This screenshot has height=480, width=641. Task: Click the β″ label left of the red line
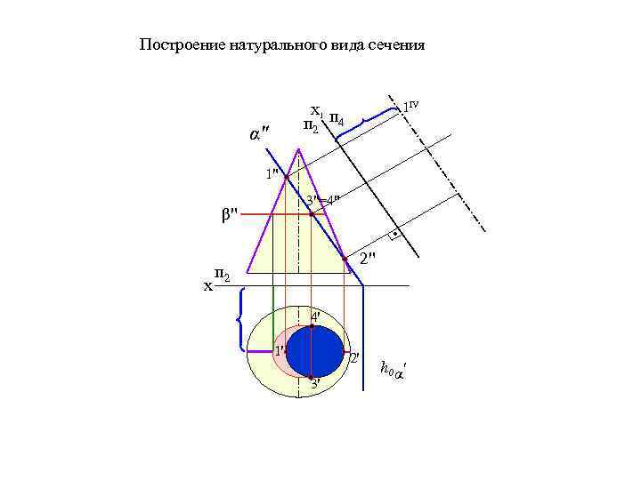230,213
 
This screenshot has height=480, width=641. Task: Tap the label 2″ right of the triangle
368,258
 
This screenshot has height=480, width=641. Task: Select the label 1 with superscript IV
410,106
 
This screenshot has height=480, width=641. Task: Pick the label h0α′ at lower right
391,368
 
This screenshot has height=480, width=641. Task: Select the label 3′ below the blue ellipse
314,384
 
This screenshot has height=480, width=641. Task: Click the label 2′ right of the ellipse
353,357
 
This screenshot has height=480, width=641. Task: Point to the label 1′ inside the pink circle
278,350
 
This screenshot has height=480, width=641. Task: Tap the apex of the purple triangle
298,148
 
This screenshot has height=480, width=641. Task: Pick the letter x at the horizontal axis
207,286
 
